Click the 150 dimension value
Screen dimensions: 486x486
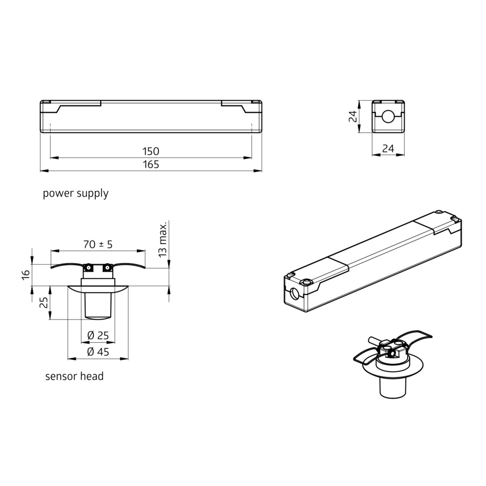[x=151, y=151]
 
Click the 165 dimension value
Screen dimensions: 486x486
[x=151, y=164]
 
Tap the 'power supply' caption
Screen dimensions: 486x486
[x=76, y=193]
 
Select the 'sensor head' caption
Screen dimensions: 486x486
[x=74, y=376]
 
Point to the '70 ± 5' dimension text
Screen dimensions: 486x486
[x=98, y=244]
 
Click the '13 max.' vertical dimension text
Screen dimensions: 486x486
[x=162, y=239]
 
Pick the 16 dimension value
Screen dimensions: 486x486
[x=26, y=274]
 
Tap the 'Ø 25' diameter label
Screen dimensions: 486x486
[x=98, y=335]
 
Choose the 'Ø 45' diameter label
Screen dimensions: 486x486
[x=98, y=352]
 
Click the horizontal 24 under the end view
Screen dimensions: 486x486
[x=388, y=149]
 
